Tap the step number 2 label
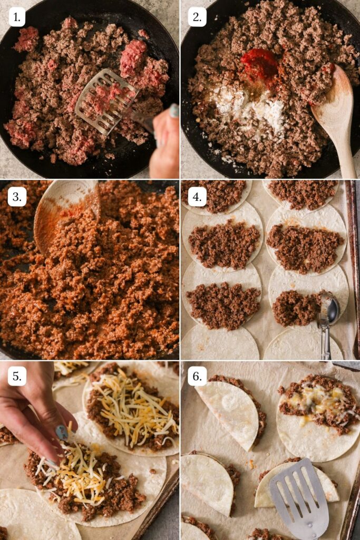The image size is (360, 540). [197, 17]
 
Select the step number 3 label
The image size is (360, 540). [17, 197]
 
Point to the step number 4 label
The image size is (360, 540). [197, 197]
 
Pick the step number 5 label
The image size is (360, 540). [17, 376]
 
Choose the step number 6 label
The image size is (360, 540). [197, 376]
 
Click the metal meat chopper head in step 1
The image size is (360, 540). [105, 100]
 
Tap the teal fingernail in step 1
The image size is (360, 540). [174, 110]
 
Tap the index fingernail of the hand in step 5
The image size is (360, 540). [62, 432]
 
